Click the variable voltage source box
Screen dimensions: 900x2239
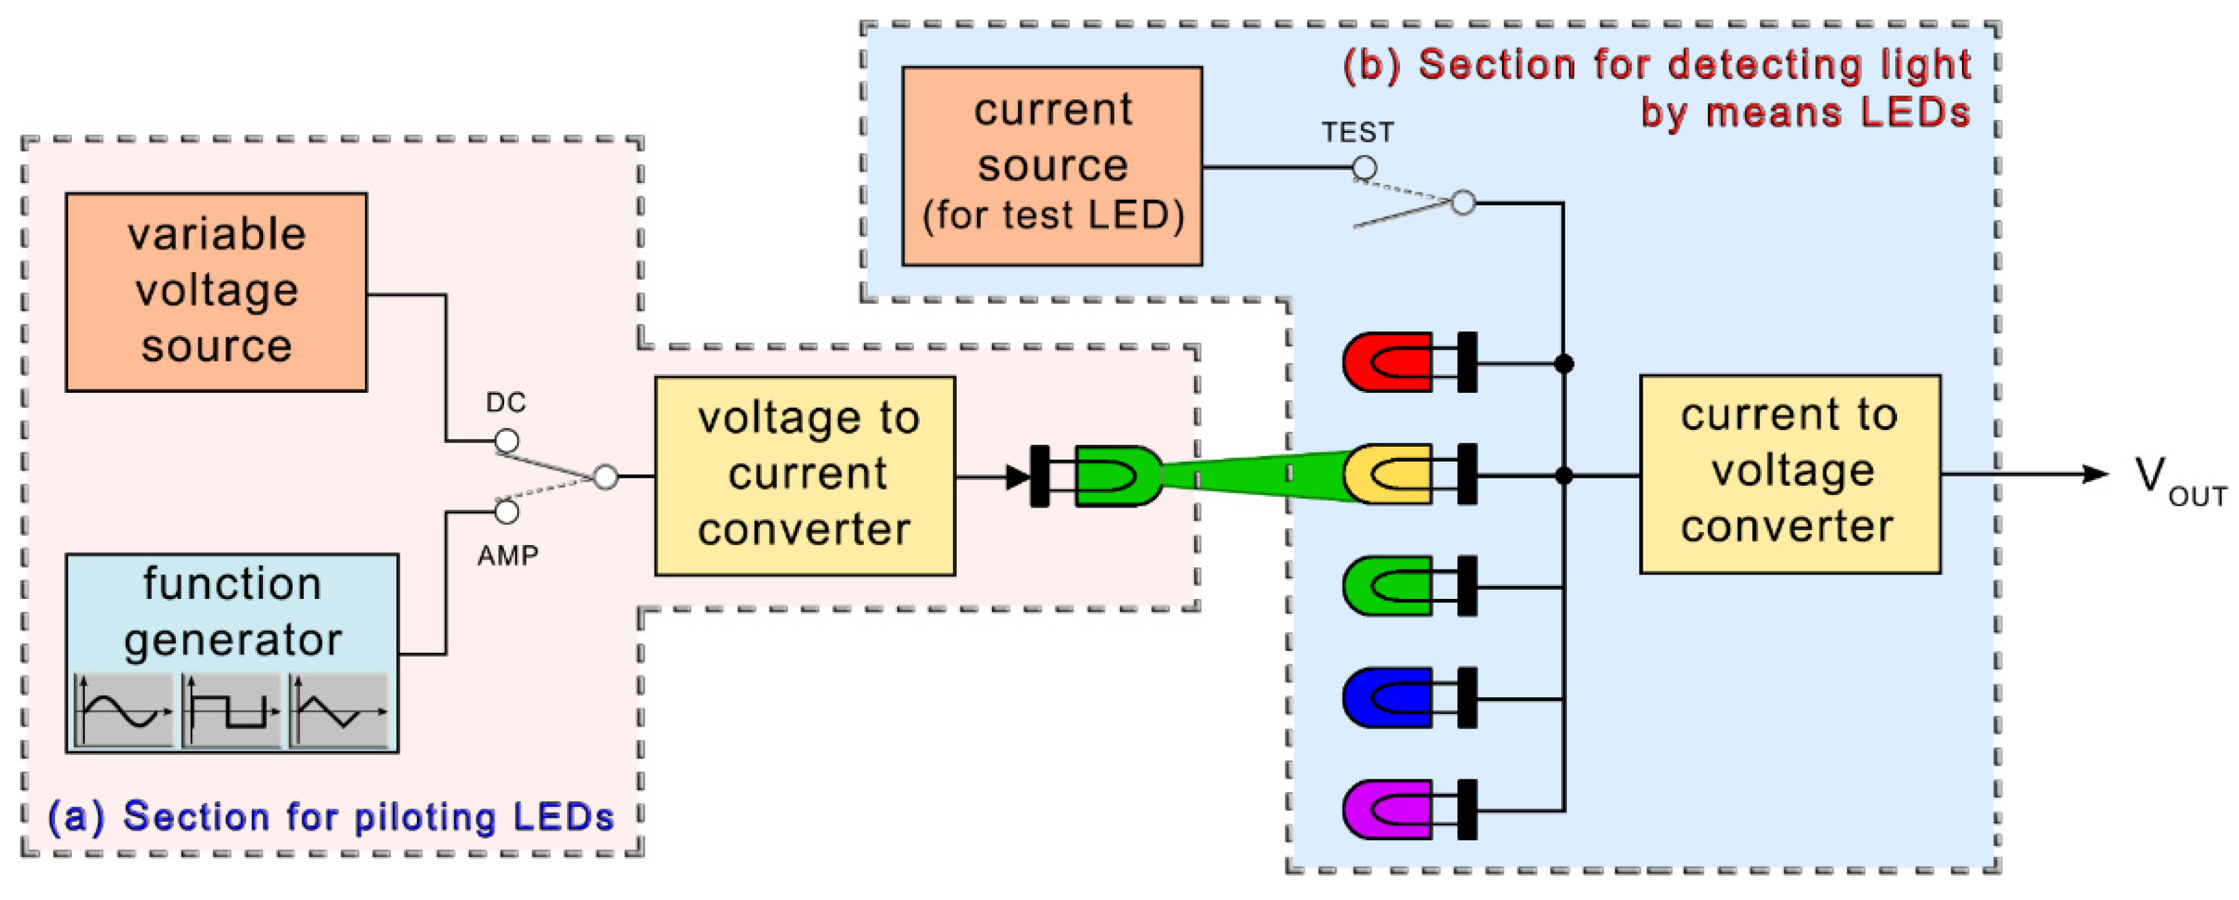215,292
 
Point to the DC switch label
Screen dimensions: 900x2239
506,402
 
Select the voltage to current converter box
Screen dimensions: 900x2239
805,476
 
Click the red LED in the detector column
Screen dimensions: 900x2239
1388,362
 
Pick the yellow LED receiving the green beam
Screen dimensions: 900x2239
1388,474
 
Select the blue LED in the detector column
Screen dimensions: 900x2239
1388,697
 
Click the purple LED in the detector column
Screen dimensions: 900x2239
1388,809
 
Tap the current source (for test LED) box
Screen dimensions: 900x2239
1052,165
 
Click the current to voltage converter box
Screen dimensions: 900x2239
1789,474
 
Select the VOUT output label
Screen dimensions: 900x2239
2178,481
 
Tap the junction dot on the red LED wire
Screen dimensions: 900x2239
1564,363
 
